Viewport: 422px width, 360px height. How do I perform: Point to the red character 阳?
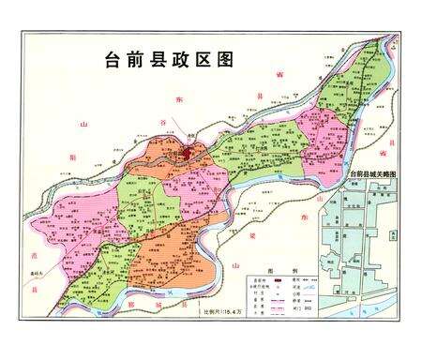(71, 157)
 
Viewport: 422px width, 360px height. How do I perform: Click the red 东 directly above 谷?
(173, 97)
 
